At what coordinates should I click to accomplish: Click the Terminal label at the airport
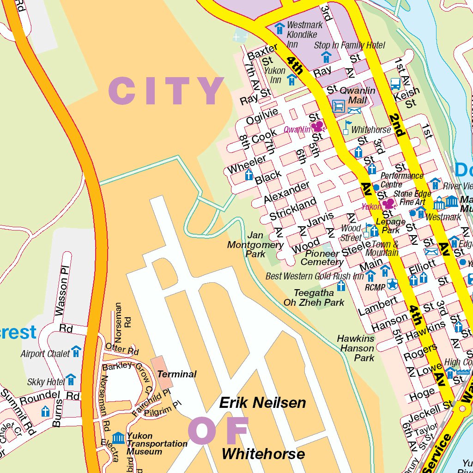177,374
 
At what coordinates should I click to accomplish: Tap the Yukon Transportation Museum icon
118,437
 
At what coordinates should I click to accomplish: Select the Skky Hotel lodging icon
70,380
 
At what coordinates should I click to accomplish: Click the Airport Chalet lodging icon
76,352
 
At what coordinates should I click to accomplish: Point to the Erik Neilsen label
262,403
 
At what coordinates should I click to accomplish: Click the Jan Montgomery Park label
255,245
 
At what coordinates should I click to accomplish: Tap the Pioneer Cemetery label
321,258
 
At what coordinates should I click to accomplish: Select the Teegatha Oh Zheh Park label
314,298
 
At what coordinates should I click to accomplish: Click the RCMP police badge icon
392,284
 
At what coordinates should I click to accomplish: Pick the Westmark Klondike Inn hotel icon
279,28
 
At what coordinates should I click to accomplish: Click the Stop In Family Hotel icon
326,57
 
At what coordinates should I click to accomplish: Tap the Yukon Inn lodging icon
291,80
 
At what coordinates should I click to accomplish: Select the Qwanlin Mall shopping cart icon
339,106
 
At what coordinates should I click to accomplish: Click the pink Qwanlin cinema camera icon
317,126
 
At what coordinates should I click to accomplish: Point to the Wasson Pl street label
61,291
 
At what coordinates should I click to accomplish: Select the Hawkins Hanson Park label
356,348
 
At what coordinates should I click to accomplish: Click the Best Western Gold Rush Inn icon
370,276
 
